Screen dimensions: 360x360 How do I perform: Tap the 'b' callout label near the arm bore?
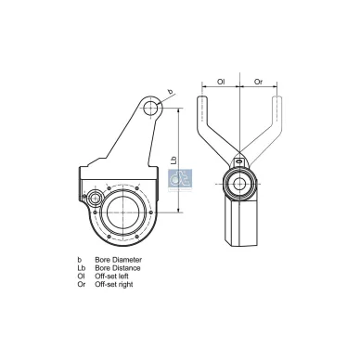[170, 92]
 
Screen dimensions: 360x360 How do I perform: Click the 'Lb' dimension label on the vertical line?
[175, 160]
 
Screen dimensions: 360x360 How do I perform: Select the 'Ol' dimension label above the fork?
[221, 82]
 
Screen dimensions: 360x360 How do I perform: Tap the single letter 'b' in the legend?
[80, 260]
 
